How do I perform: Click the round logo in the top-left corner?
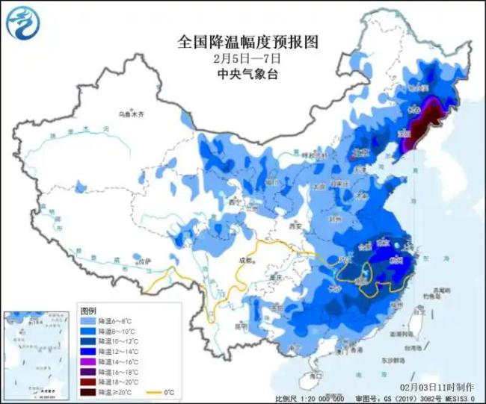click(23, 22)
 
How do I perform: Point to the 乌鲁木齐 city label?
click(130, 114)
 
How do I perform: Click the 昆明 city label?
click(241, 326)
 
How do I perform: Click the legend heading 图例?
click(89, 309)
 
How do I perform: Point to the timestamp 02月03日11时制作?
click(437, 387)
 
